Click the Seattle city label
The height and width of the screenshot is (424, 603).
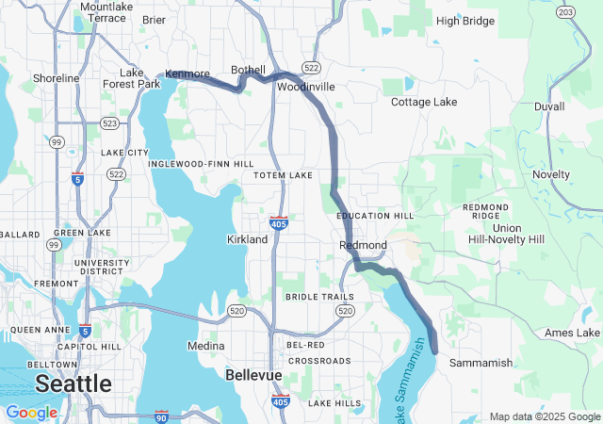[73, 383]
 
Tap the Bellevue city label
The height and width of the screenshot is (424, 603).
[253, 375]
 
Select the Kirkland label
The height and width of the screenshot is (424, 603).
[248, 239]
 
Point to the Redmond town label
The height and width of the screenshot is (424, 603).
[363, 245]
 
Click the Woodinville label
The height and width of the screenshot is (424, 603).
[306, 87]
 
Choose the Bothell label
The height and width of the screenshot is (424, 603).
[249, 71]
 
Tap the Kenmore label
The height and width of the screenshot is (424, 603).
[186, 73]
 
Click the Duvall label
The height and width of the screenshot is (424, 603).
[549, 107]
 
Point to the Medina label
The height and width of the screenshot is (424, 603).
[206, 346]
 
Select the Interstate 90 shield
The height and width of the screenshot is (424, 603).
[161, 415]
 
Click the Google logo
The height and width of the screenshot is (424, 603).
[31, 413]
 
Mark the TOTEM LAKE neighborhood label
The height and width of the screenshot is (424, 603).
[283, 175]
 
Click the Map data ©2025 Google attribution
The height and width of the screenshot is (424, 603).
[544, 416]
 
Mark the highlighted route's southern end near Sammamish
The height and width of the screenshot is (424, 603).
[434, 351]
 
